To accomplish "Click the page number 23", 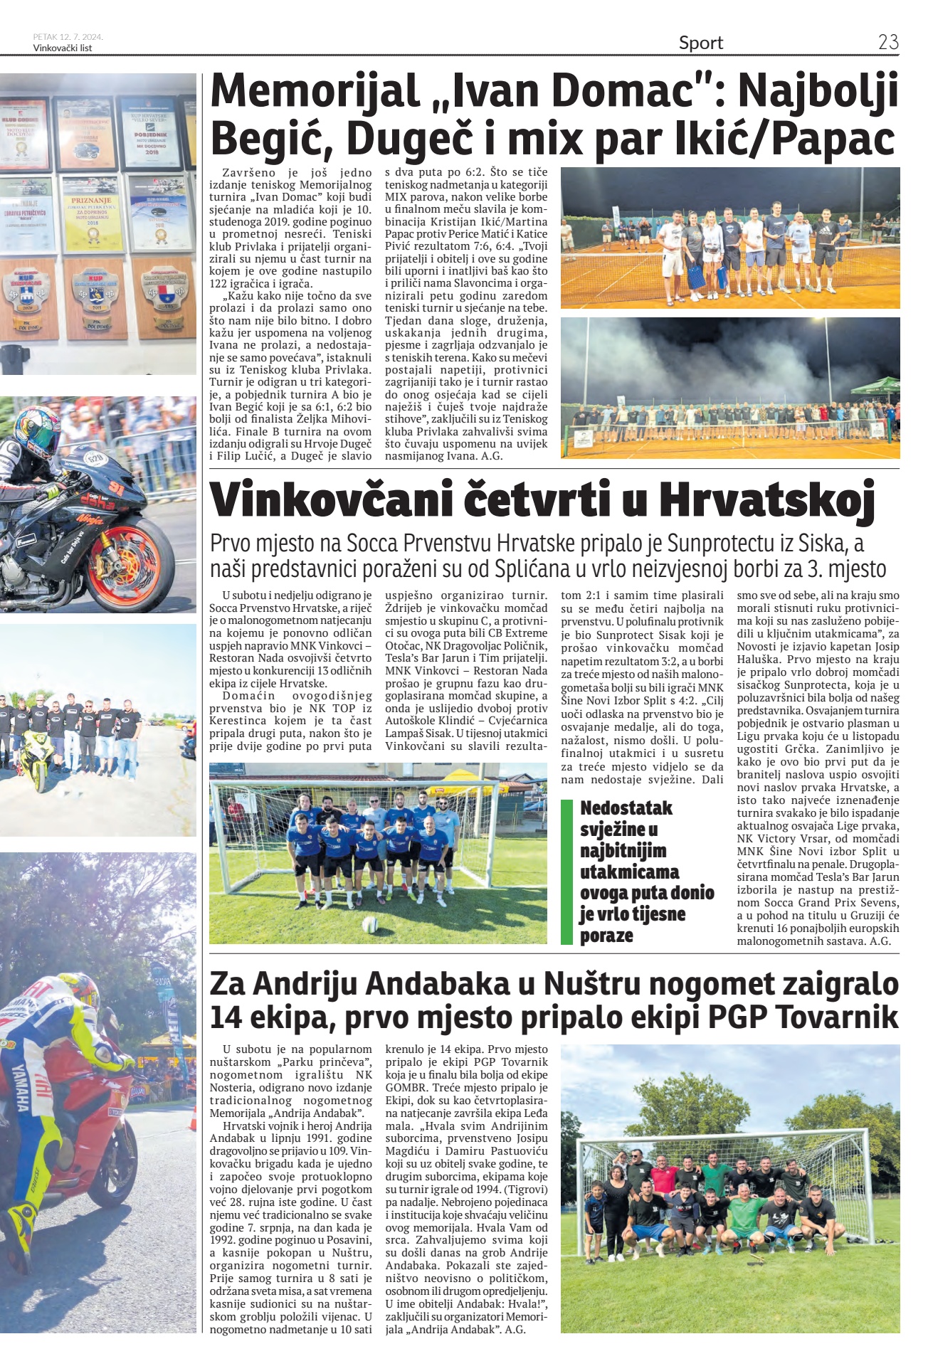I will click(888, 42).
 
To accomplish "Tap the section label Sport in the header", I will click(700, 43).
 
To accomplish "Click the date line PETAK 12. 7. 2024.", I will click(68, 37).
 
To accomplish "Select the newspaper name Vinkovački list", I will click(63, 48).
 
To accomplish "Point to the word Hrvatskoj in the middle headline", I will click(766, 500).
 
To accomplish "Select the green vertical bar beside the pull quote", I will click(566, 872).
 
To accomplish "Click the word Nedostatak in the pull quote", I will click(626, 808).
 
